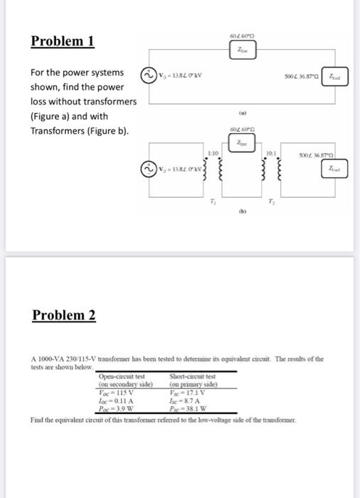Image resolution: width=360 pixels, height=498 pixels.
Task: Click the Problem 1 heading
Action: coord(63,41)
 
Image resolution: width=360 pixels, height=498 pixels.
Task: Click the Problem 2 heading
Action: coord(64,314)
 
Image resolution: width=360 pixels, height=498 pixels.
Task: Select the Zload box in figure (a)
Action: coord(337,76)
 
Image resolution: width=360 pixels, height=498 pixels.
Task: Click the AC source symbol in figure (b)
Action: coord(150,169)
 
